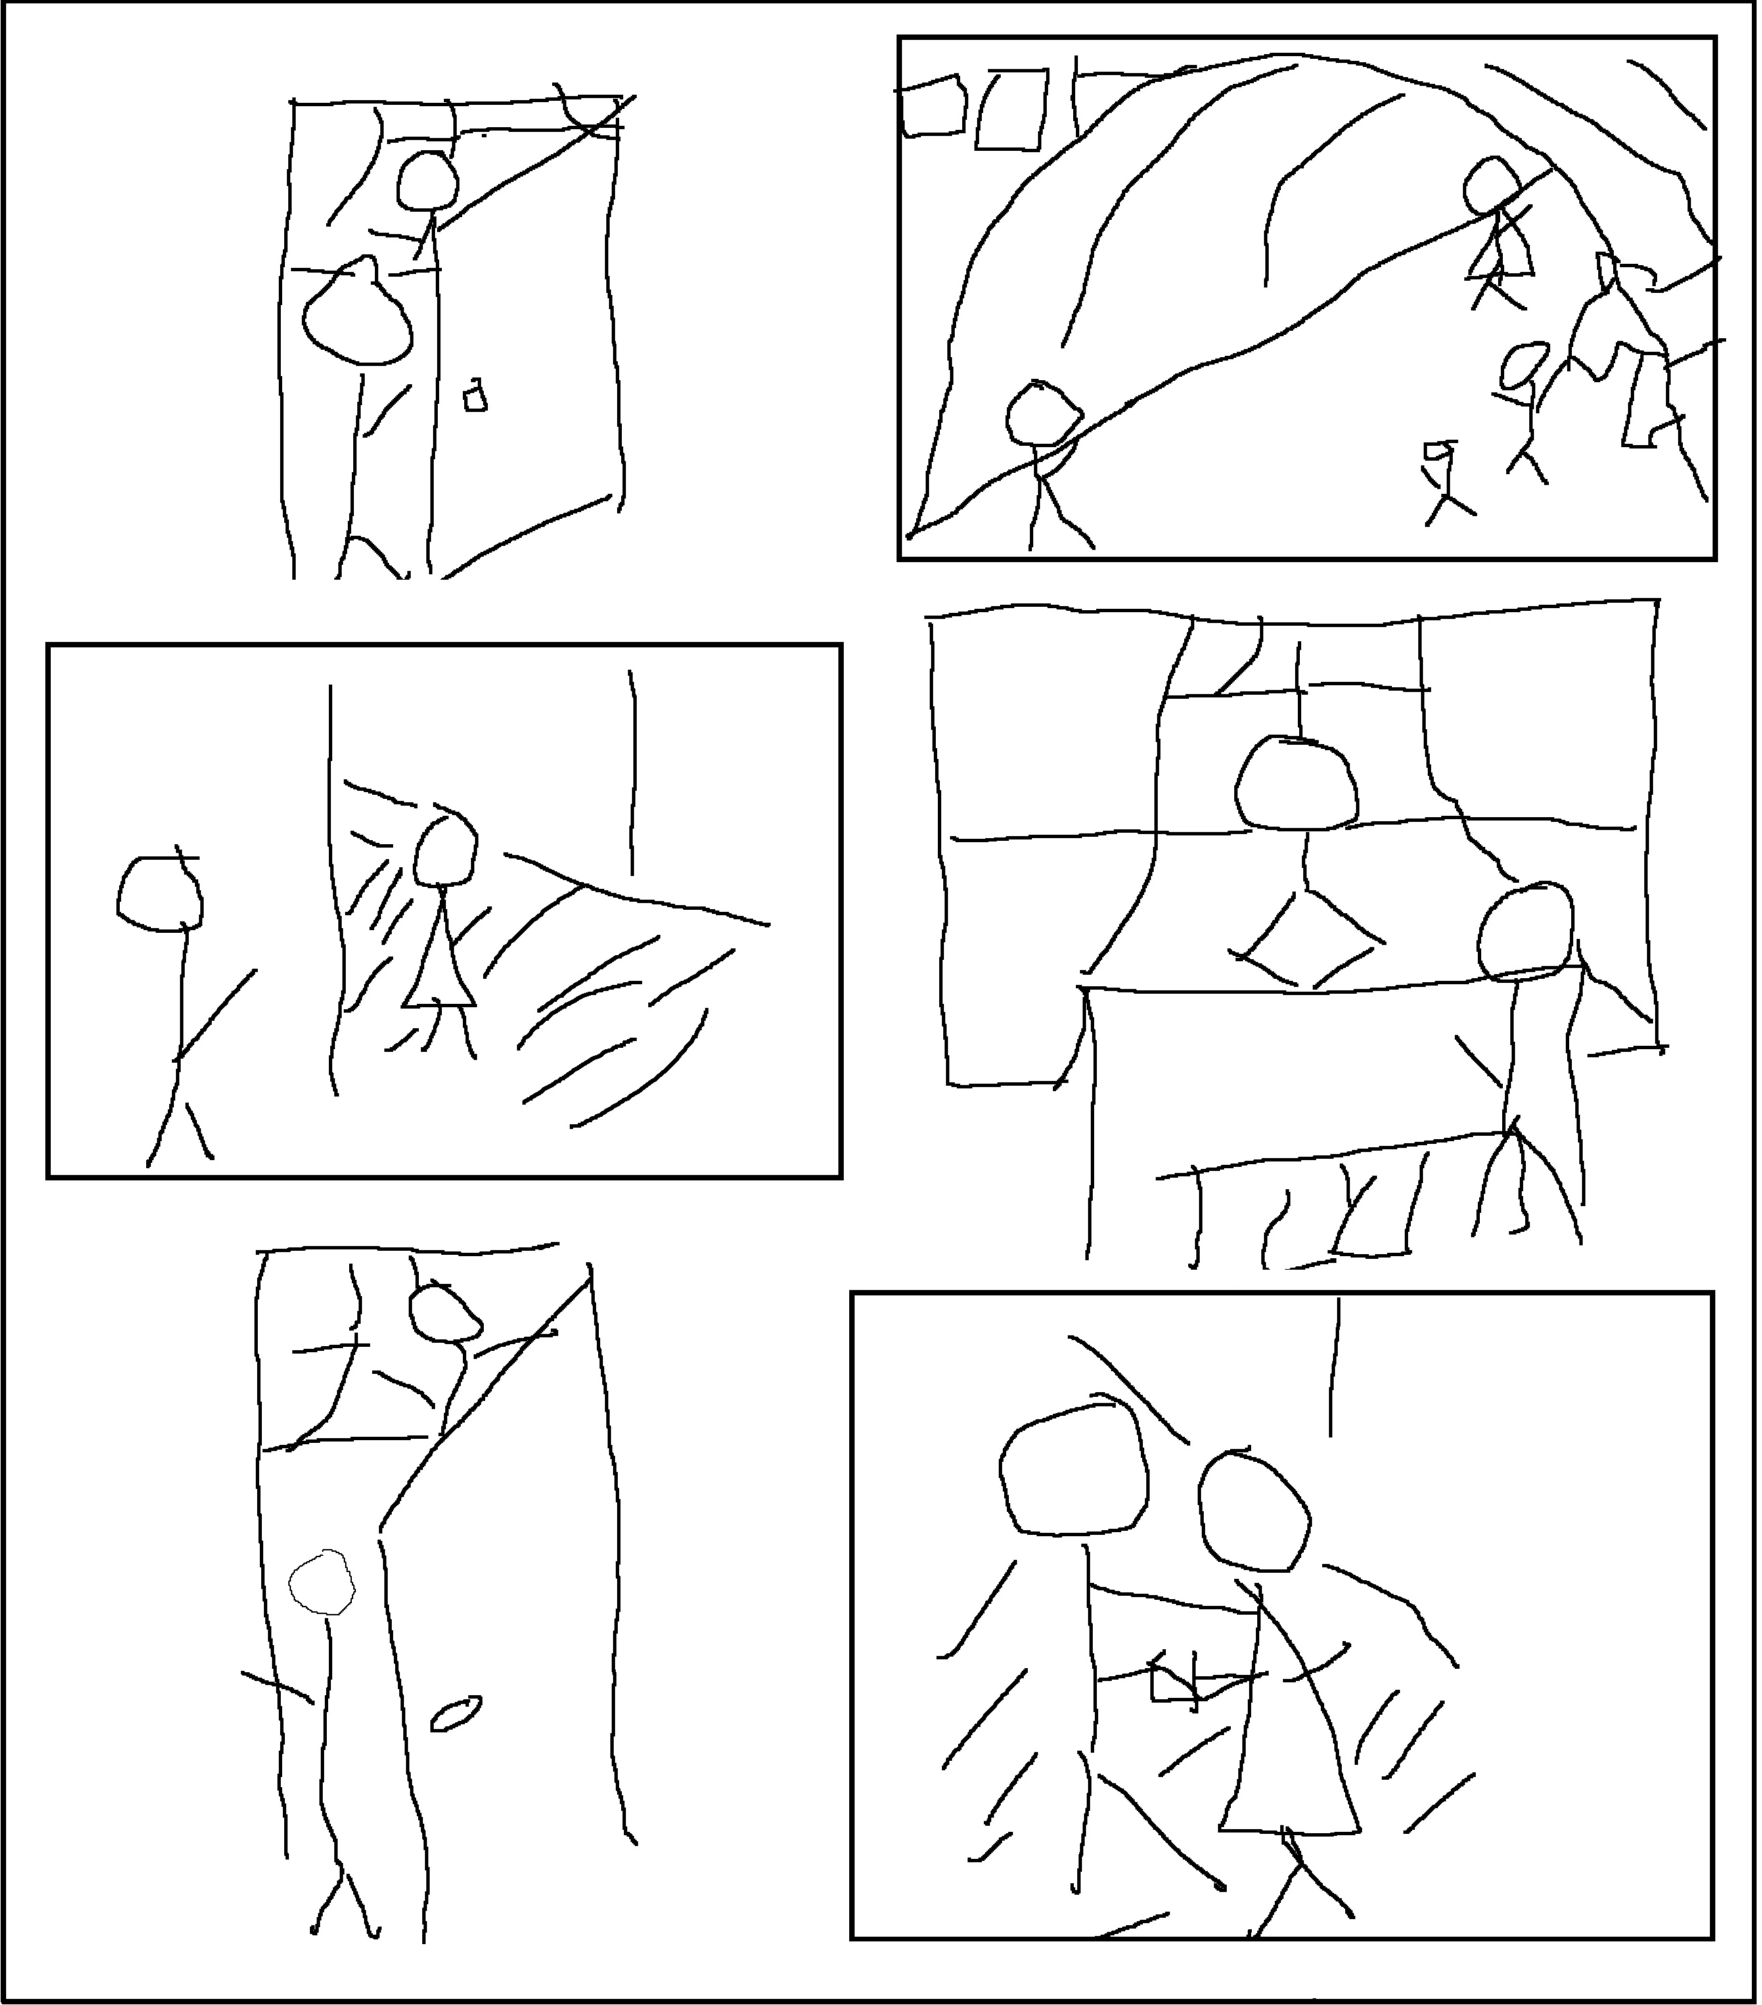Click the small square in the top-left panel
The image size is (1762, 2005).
[x=476, y=396]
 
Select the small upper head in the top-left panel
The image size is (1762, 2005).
[x=428, y=181]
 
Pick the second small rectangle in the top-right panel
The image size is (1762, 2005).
[x=1010, y=110]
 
